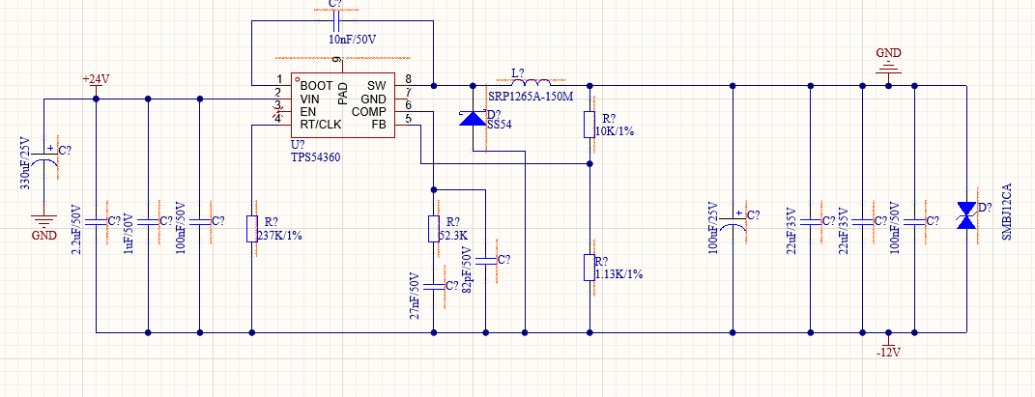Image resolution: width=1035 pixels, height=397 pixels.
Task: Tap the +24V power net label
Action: pyautogui.click(x=96, y=79)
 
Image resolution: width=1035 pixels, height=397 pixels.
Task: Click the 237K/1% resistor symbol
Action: pyautogui.click(x=252, y=228)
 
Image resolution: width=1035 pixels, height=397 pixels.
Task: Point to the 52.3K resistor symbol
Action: pyautogui.click(x=434, y=228)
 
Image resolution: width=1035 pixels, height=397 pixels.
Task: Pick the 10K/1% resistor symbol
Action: pyautogui.click(x=589, y=125)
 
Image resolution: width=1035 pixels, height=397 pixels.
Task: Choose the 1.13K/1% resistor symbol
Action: pyautogui.click(x=589, y=268)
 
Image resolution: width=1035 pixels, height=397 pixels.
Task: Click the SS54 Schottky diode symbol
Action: pyautogui.click(x=473, y=118)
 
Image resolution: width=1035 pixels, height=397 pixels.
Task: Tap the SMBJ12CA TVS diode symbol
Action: pyautogui.click(x=966, y=215)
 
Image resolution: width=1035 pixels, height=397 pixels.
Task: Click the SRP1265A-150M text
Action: pyautogui.click(x=530, y=97)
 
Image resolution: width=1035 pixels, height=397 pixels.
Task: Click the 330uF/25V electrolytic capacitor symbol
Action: pyautogui.click(x=44, y=156)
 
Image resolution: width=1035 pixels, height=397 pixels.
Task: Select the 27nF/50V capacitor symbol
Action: pyautogui.click(x=434, y=287)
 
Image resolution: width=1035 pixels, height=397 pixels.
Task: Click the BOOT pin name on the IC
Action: pyautogui.click(x=316, y=86)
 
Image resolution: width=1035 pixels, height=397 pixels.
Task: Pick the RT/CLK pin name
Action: pyautogui.click(x=321, y=124)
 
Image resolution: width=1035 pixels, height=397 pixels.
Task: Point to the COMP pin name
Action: pyautogui.click(x=368, y=111)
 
